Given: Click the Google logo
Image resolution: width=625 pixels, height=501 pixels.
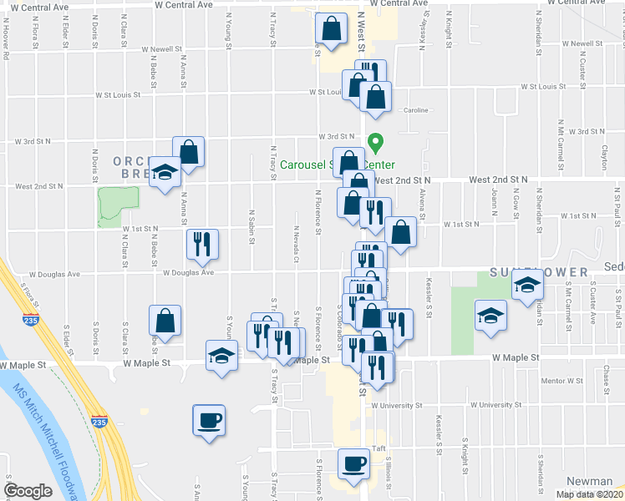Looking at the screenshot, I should point(28,491).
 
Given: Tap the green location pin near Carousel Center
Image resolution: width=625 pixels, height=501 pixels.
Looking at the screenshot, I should point(377,144).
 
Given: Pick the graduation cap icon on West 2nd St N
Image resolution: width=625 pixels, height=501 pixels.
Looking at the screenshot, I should point(165,173).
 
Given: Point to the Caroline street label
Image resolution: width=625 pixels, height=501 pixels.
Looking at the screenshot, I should point(416,110).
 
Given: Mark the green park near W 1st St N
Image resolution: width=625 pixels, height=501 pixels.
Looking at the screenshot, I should point(117,205).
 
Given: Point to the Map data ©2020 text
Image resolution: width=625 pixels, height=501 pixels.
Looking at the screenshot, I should point(590,494).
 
